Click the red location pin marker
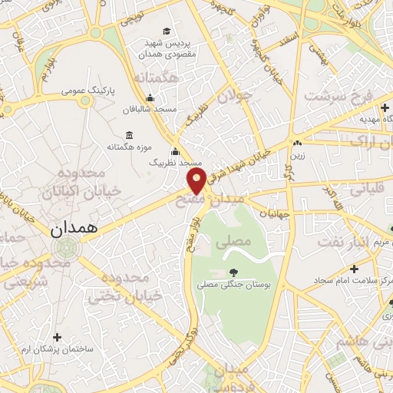point(196,181)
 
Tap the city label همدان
point(74,229)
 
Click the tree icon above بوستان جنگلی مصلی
point(233,272)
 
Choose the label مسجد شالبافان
point(154,109)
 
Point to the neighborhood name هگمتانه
point(156,78)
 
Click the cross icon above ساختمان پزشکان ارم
point(58,336)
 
